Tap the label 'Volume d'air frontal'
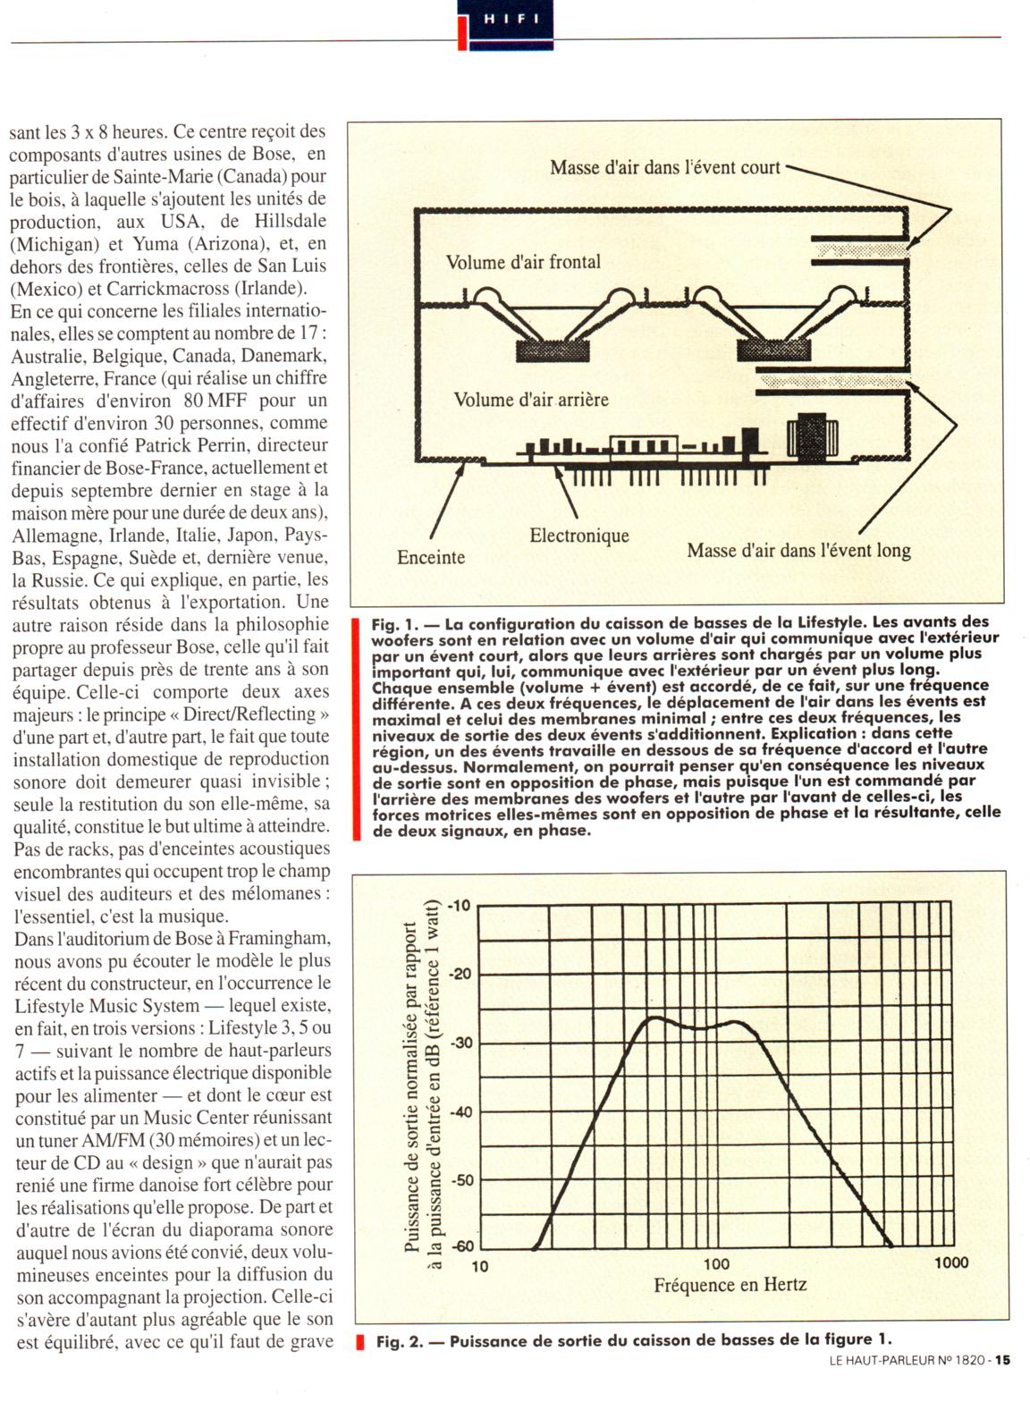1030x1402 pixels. (523, 262)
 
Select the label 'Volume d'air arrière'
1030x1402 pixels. (531, 399)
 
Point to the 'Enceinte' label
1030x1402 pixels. (431, 557)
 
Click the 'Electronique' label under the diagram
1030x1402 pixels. (579, 536)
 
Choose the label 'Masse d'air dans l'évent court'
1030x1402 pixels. (664, 167)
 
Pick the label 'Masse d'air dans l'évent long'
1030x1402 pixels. (798, 550)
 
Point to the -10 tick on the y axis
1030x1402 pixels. (459, 906)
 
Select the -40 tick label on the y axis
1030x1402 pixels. (459, 1111)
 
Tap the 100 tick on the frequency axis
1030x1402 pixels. (716, 1264)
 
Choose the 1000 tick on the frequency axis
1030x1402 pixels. (950, 1263)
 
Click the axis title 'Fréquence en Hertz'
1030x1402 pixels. (730, 1285)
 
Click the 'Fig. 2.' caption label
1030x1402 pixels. (399, 1341)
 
